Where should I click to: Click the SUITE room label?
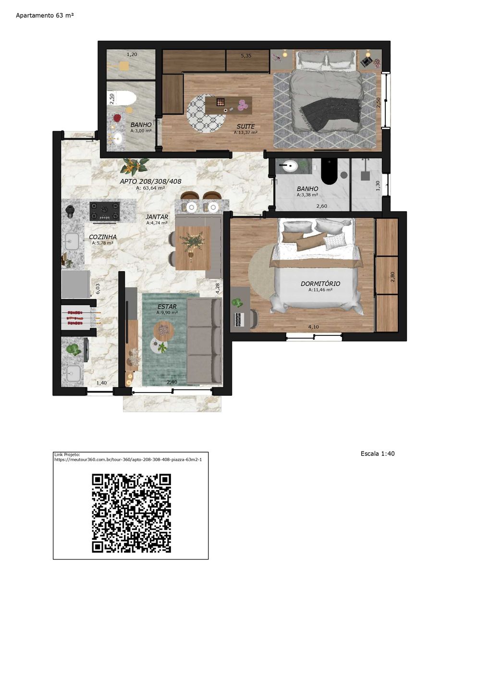(x=245, y=126)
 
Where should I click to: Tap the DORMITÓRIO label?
(x=320, y=284)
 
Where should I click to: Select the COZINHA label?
(x=102, y=237)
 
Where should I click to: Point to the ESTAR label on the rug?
(x=167, y=306)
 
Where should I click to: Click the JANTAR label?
(x=157, y=217)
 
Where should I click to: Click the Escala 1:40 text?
(x=378, y=453)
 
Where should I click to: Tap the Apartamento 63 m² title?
(x=45, y=15)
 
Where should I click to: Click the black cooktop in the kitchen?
(x=105, y=211)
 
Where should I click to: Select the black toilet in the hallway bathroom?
(x=329, y=171)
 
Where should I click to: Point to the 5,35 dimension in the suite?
(x=246, y=56)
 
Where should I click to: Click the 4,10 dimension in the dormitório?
(x=313, y=327)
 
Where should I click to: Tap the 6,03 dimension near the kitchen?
(x=98, y=288)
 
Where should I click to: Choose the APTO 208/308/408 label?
(x=150, y=181)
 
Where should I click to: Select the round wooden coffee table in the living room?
(x=164, y=331)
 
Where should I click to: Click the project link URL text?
(x=128, y=459)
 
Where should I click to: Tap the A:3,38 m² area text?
(x=307, y=195)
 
